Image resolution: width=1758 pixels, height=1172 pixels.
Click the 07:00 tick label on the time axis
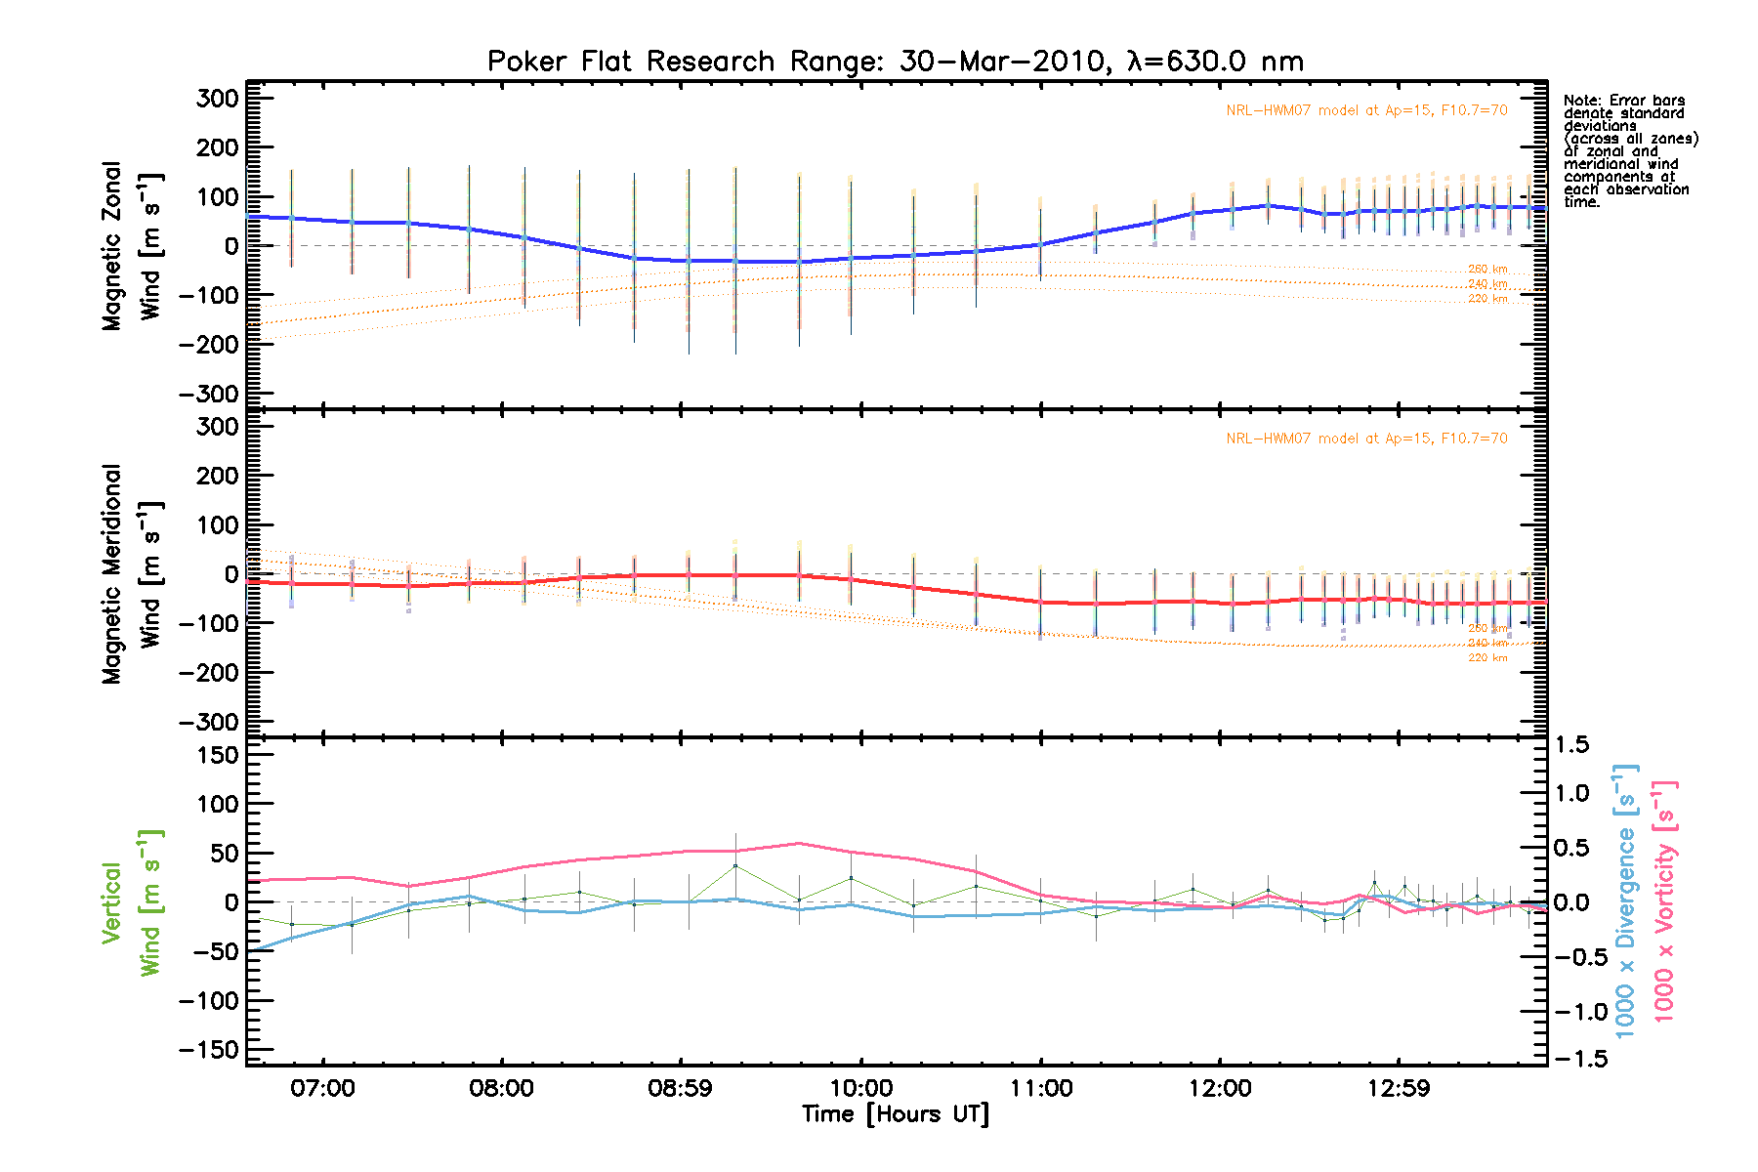(x=322, y=1088)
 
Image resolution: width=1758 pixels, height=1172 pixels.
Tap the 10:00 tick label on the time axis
(x=861, y=1088)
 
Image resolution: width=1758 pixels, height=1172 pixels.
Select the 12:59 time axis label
(x=1399, y=1088)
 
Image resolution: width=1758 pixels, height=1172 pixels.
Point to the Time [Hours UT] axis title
(x=895, y=1114)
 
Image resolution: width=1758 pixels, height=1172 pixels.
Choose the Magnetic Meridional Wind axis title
(x=132, y=574)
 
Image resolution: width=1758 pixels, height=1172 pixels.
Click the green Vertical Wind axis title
(x=132, y=902)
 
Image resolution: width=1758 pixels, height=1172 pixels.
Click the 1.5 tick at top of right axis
(x=1571, y=745)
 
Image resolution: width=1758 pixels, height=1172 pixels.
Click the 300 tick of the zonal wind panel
(x=217, y=99)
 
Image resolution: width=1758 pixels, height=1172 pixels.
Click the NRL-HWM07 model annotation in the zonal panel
(x=1366, y=110)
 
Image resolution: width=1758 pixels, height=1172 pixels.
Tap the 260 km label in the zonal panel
(x=1487, y=270)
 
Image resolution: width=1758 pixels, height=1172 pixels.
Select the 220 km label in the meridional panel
(x=1487, y=658)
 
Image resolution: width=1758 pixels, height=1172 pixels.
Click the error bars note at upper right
(x=1630, y=151)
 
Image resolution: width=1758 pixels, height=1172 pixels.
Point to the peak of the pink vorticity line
(x=799, y=843)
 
